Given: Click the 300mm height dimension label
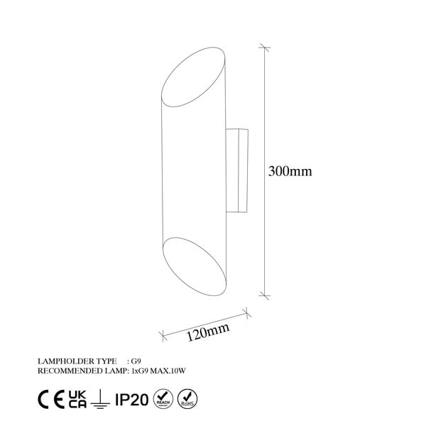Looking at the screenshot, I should tap(291, 171).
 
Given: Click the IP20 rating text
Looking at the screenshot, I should tap(135, 397).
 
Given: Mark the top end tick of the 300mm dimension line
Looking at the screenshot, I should tap(266, 48).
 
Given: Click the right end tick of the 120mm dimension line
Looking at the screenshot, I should tap(245, 310).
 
